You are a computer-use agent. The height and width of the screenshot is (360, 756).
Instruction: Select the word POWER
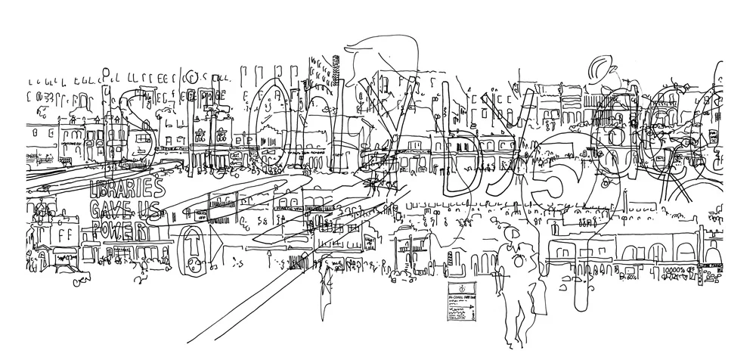118,228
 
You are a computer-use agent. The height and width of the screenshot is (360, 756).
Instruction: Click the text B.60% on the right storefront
627,278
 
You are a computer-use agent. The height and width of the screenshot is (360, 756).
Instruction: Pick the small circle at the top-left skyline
194,76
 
